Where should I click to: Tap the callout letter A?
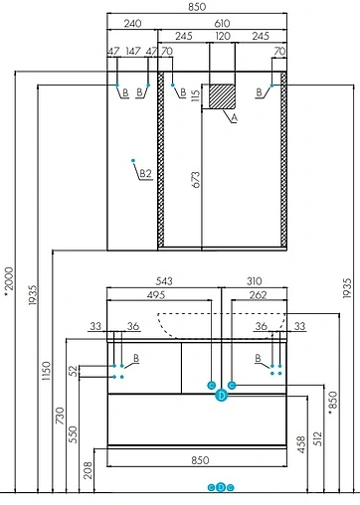click(x=235, y=118)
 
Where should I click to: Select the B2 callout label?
click(x=144, y=174)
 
